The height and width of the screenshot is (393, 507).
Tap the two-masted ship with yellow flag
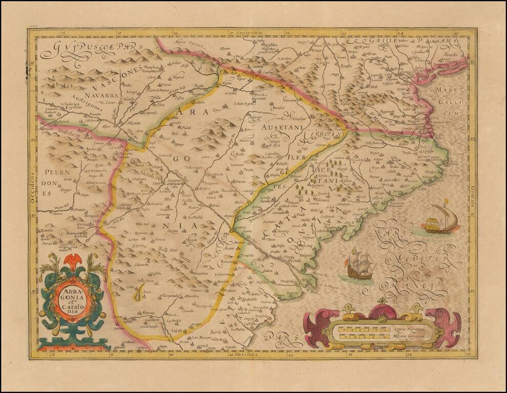coord(441,217)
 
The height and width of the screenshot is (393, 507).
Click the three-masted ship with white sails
coord(359,264)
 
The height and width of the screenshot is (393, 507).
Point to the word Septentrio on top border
coord(249,32)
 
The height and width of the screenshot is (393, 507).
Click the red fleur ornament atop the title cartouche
coord(73,262)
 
